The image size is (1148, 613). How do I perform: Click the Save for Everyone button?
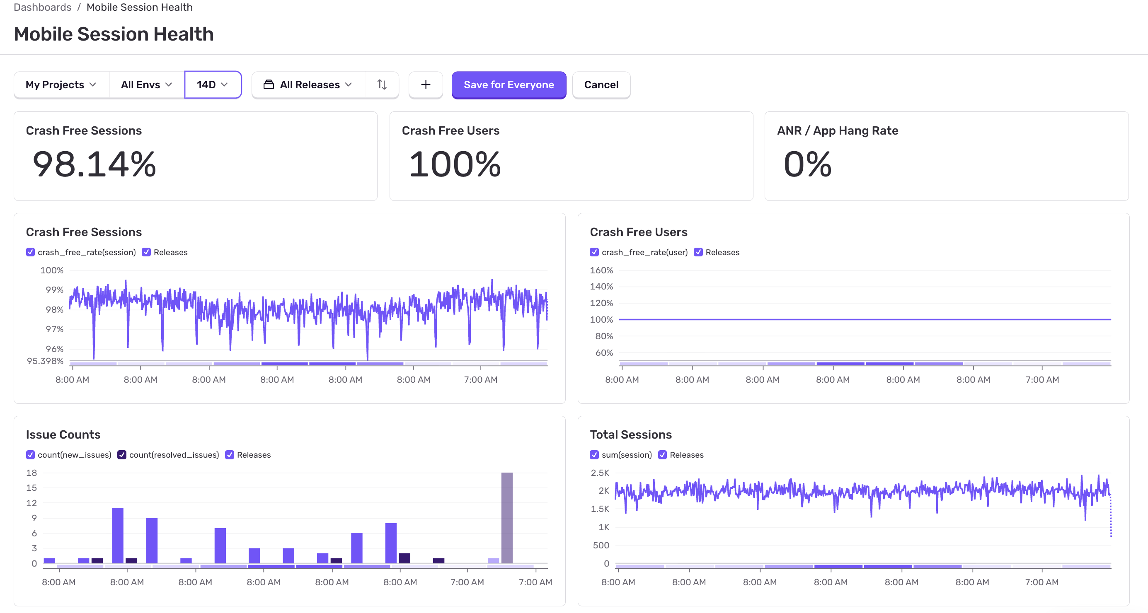pos(509,84)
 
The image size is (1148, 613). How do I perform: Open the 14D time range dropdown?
pos(213,84)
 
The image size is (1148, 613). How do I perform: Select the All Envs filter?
pos(146,84)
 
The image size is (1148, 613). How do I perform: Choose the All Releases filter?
pos(308,84)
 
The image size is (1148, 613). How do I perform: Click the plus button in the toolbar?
pos(426,84)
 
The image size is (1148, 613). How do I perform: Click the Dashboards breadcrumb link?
pos(42,7)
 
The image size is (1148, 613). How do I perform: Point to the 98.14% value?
pos(94,164)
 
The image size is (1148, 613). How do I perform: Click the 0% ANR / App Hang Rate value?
pos(807,164)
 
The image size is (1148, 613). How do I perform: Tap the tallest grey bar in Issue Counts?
pos(507,518)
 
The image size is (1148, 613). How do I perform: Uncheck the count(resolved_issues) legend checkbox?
pos(122,455)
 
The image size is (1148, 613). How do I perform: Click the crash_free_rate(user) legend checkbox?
pos(594,252)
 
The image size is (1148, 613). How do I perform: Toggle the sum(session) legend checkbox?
pos(594,455)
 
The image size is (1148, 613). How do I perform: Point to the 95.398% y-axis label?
pos(45,361)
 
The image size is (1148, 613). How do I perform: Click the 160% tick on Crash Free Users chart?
pos(601,270)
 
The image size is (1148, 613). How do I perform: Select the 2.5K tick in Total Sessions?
pos(599,473)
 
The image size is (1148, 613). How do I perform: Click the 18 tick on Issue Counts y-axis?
pos(31,473)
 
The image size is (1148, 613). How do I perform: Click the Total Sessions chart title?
pos(631,434)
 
